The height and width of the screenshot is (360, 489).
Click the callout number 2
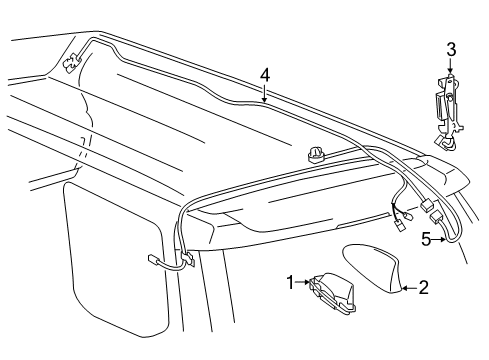pos(423,289)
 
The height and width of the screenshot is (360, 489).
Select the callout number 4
pos(264,74)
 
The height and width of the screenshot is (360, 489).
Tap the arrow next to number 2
pos(408,288)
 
